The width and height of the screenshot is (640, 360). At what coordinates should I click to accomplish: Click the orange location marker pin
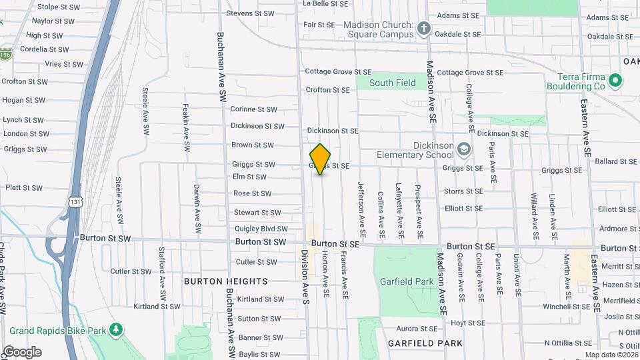(x=320, y=159)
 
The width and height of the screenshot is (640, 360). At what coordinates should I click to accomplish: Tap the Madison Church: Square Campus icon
(x=424, y=29)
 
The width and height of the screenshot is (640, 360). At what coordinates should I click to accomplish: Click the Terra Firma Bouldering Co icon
(x=615, y=81)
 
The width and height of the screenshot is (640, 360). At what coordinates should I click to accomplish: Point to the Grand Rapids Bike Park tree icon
(x=116, y=330)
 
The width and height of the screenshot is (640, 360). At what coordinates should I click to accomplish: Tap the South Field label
(x=392, y=83)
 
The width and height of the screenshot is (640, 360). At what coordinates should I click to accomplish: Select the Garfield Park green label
(x=407, y=281)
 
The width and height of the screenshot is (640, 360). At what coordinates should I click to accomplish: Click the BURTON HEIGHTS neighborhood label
(x=226, y=281)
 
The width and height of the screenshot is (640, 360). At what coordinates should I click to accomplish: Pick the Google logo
(x=22, y=352)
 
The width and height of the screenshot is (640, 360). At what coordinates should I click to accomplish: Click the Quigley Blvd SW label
(x=261, y=229)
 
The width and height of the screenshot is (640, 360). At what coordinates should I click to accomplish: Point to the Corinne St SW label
(x=253, y=109)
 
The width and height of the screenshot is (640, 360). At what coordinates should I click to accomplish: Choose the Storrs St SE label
(x=463, y=191)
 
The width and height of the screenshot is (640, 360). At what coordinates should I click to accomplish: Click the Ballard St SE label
(x=617, y=161)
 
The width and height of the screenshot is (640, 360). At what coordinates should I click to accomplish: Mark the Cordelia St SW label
(x=44, y=49)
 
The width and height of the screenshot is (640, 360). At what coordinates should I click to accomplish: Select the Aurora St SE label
(x=417, y=329)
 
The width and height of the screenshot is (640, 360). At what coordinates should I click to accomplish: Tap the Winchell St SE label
(x=566, y=307)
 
